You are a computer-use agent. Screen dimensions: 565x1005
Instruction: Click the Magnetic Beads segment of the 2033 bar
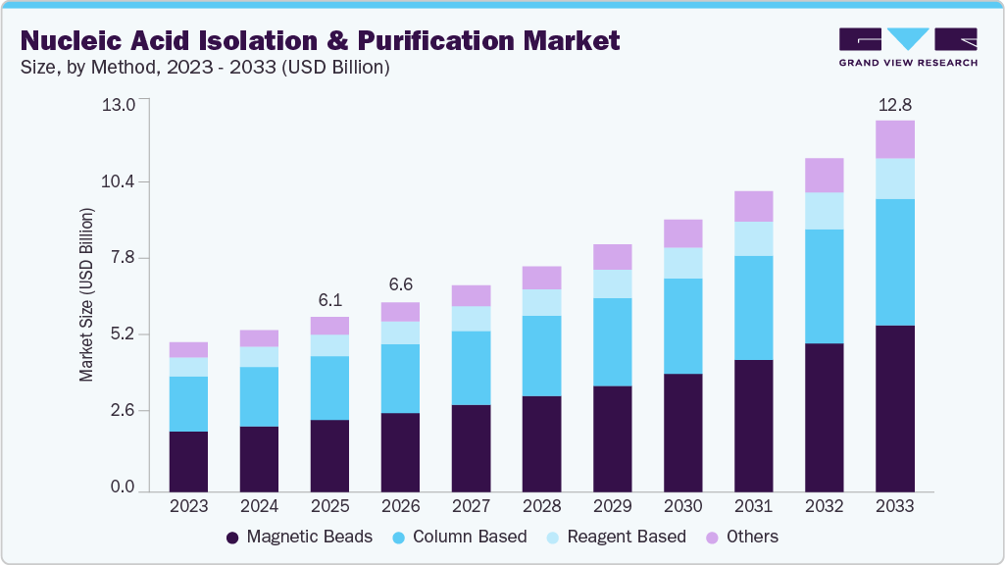[894, 408]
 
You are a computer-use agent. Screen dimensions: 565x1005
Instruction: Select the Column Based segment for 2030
[682, 326]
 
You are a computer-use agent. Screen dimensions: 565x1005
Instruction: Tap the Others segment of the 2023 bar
[188, 349]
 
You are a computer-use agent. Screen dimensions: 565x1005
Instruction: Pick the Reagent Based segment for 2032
[824, 211]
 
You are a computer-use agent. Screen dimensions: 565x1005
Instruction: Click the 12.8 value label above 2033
[894, 104]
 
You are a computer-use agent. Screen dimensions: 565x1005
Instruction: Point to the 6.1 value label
[329, 300]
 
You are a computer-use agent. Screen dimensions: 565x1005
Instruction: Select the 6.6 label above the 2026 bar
[400, 285]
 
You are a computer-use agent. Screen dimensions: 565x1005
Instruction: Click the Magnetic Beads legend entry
[299, 537]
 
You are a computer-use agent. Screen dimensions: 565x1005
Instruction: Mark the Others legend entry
[742, 537]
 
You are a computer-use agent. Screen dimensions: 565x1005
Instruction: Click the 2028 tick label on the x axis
[541, 506]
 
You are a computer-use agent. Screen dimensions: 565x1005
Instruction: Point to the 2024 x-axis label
[259, 506]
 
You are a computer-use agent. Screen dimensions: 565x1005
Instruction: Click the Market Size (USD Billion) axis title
[87, 294]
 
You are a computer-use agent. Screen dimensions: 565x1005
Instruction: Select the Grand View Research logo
[908, 47]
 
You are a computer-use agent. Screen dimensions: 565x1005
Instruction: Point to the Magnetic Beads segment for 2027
[471, 447]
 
